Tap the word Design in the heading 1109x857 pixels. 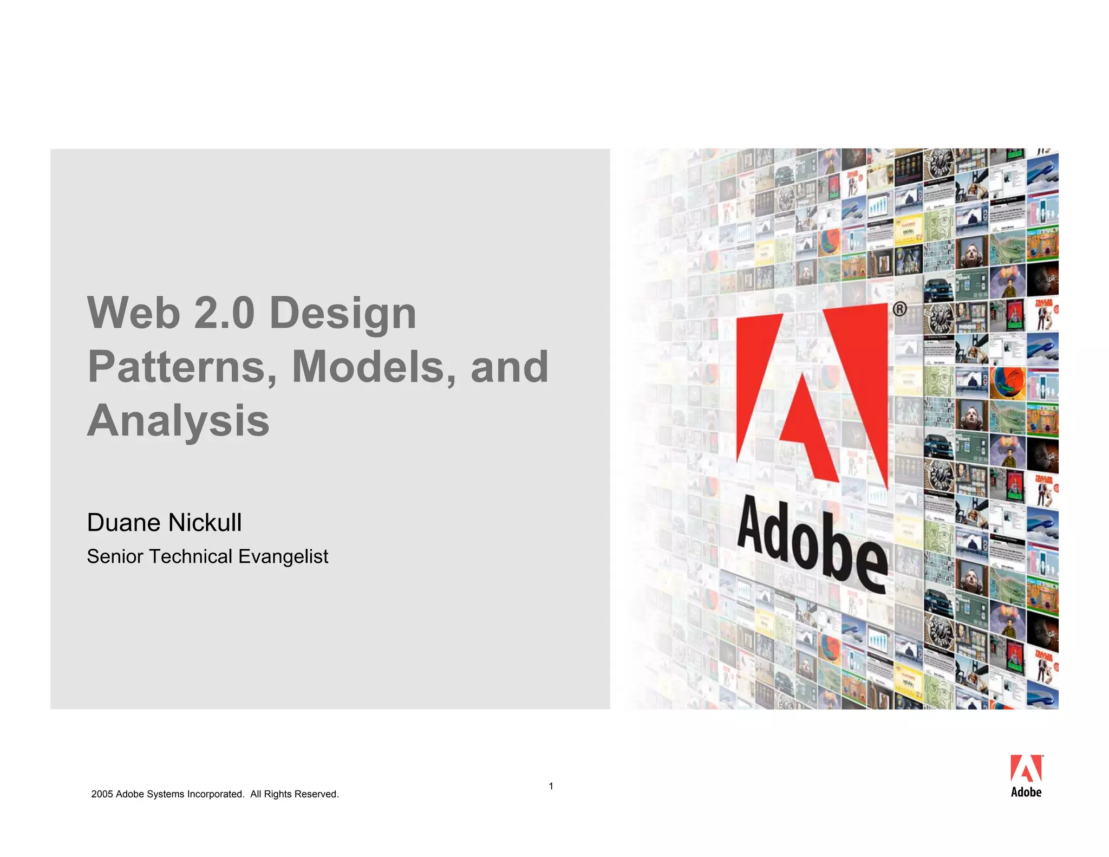click(x=343, y=314)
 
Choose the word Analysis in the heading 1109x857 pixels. click(x=178, y=421)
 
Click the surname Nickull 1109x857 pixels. click(x=205, y=523)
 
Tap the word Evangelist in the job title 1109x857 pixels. click(x=283, y=556)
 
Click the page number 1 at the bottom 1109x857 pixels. click(x=551, y=786)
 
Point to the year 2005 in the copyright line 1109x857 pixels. click(x=102, y=794)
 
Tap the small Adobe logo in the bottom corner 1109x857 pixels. click(x=1026, y=776)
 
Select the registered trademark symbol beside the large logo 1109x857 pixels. click(x=899, y=309)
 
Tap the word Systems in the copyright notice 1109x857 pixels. click(x=162, y=794)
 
